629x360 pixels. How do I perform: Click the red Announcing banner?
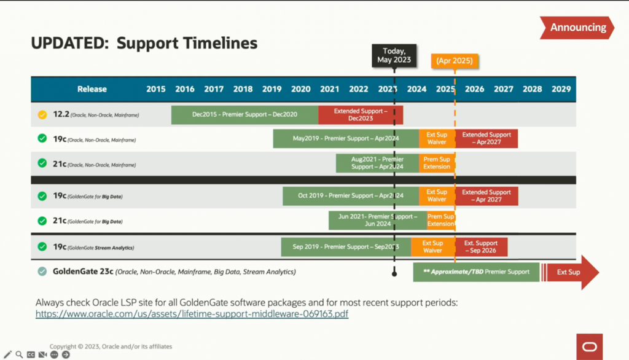(x=577, y=28)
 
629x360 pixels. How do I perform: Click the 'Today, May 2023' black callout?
(x=394, y=55)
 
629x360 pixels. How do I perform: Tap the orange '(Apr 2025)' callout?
(x=455, y=61)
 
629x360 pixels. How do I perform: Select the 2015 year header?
(x=156, y=89)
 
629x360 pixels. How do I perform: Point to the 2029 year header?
(x=561, y=89)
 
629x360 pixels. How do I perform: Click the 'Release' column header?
(x=92, y=89)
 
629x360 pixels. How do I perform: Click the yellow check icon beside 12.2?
(x=42, y=114)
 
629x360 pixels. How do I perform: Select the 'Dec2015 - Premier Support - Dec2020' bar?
(x=244, y=114)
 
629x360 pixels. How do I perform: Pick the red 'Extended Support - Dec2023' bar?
(x=361, y=114)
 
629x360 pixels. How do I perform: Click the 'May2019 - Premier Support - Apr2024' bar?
(x=346, y=138)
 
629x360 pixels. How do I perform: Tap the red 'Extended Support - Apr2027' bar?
(x=486, y=138)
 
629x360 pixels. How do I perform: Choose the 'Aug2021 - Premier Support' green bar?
(x=377, y=163)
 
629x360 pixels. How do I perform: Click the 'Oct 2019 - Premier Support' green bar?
(x=351, y=196)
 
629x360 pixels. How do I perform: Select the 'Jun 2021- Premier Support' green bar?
(x=377, y=220)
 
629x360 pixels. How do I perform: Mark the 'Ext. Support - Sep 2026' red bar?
(x=481, y=247)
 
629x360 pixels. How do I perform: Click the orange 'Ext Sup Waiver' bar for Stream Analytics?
(x=432, y=247)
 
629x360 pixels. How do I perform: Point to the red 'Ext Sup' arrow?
(x=569, y=272)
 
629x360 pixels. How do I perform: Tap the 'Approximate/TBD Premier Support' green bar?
(x=476, y=272)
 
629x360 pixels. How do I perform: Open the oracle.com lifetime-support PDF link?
(x=192, y=314)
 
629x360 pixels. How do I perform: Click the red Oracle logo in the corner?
(x=589, y=346)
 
